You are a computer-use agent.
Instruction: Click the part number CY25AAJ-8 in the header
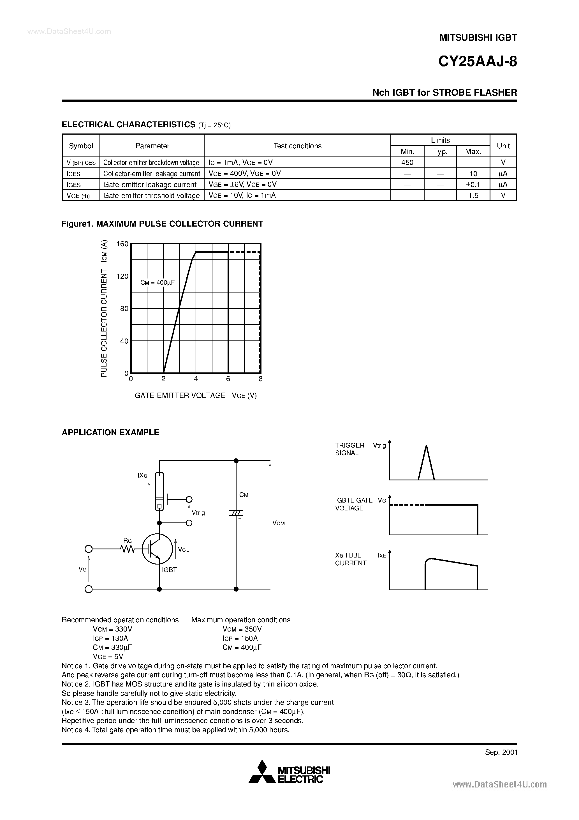(477, 62)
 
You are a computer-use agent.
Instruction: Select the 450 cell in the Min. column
(407, 162)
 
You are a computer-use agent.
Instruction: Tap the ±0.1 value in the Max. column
(473, 185)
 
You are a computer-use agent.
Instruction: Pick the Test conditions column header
(297, 146)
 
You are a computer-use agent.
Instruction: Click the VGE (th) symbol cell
(78, 196)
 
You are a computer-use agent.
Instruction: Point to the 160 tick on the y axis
(122, 244)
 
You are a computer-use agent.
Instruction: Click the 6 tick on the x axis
(228, 379)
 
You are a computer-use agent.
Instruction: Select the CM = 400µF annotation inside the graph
(158, 282)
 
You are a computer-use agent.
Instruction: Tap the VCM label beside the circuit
(279, 523)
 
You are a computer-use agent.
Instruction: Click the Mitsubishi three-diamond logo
(262, 771)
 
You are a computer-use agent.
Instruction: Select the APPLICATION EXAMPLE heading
(110, 432)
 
